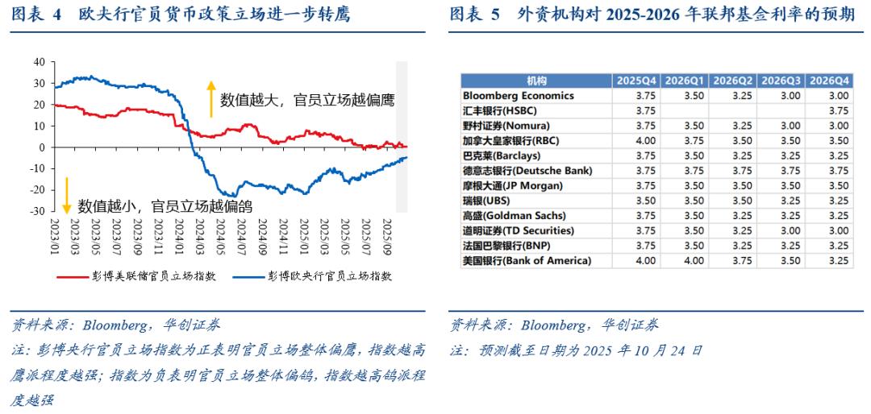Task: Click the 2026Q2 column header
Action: (x=734, y=81)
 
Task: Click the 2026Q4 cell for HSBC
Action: (x=830, y=110)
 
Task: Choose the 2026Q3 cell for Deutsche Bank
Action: (x=781, y=171)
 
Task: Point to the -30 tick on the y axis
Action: (x=37, y=211)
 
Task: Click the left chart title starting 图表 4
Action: (x=181, y=15)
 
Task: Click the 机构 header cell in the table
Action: (x=536, y=81)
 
